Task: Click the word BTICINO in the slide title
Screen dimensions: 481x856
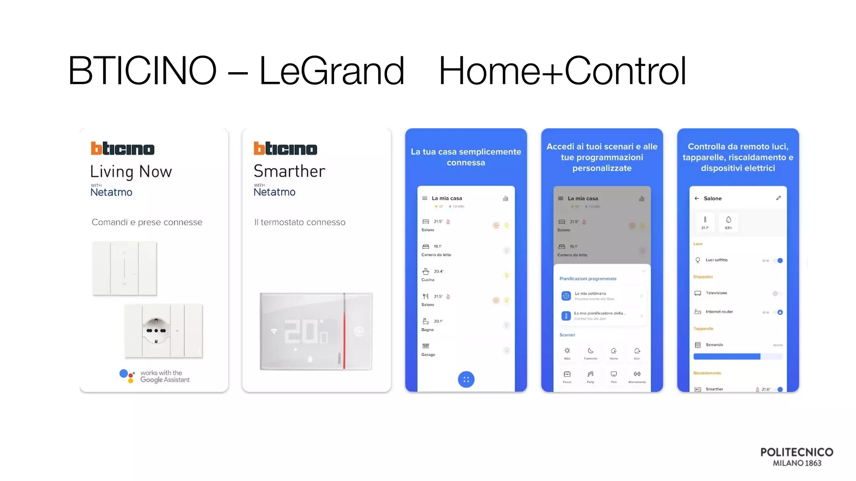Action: point(142,71)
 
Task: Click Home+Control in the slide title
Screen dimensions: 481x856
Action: point(562,71)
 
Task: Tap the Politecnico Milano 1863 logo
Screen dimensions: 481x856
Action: point(797,457)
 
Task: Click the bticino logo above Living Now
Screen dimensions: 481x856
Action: point(122,148)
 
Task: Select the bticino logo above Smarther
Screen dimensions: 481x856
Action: point(285,148)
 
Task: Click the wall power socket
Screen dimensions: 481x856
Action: point(156,330)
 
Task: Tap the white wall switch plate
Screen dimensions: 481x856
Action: point(124,268)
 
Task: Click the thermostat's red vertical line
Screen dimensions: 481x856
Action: point(344,331)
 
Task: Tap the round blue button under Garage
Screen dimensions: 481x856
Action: point(466,380)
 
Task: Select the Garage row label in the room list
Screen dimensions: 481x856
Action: point(428,354)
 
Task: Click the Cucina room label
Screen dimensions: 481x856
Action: point(428,280)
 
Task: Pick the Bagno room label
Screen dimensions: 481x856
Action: point(427,330)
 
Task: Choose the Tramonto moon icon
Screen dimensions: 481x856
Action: point(590,351)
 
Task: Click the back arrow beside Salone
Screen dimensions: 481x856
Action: point(696,198)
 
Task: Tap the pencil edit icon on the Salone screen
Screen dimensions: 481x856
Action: point(778,198)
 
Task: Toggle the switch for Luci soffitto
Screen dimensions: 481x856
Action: point(778,261)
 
